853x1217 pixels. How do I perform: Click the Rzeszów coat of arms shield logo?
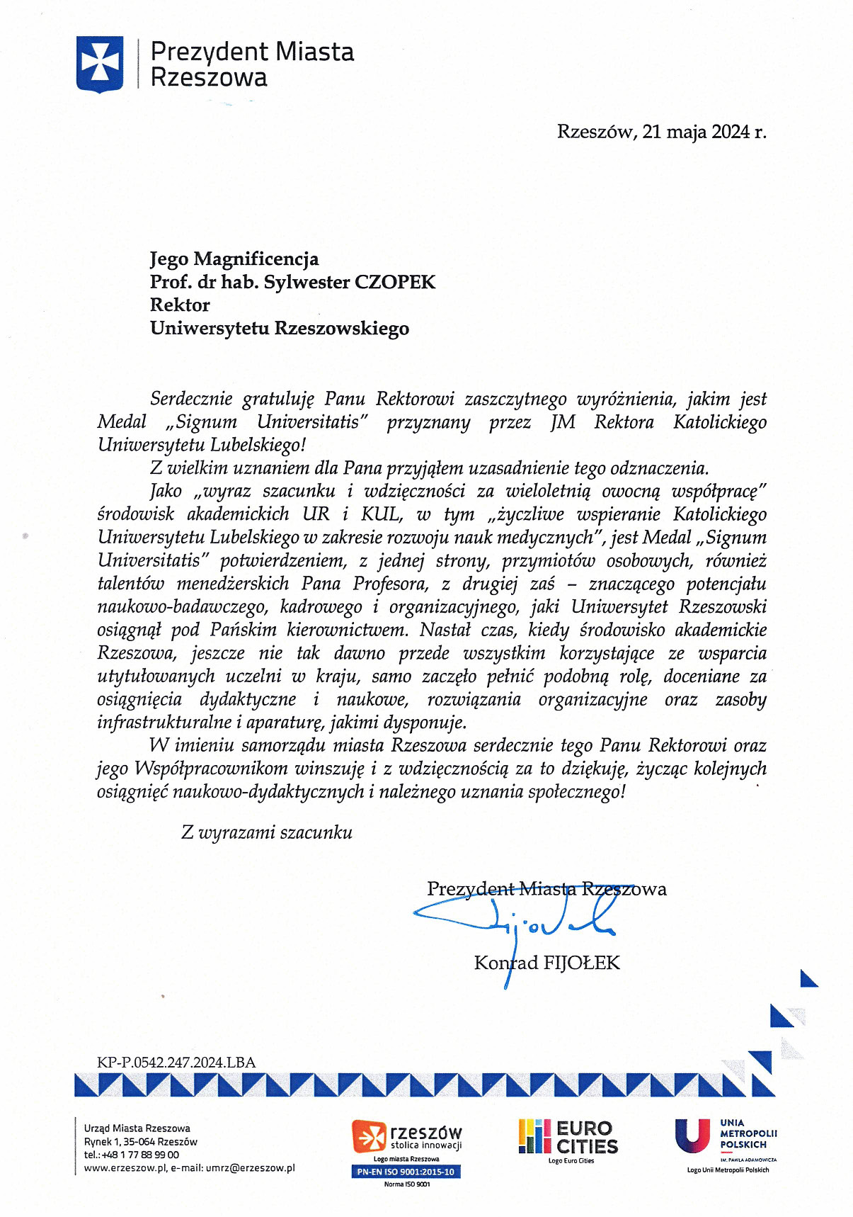[100, 64]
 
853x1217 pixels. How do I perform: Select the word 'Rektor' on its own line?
[180, 305]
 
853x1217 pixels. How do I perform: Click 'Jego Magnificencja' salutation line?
[234, 259]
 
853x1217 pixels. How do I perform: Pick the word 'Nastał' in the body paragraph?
[445, 630]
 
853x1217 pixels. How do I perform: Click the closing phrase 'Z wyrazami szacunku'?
[267, 832]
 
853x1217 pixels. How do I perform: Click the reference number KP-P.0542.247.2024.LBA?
[176, 1063]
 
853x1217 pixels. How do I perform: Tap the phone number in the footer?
[132, 1155]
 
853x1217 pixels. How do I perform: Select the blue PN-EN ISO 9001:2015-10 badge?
[406, 1172]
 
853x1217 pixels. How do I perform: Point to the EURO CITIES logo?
[568, 1136]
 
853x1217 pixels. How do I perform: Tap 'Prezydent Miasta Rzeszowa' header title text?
[252, 64]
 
